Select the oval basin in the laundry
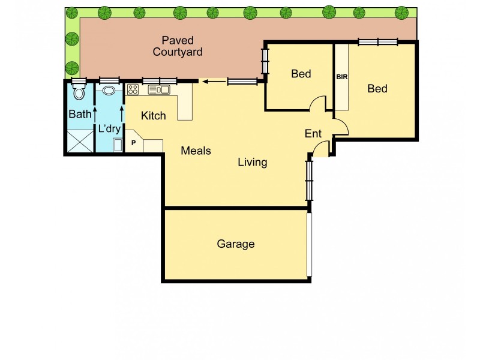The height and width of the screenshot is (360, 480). tap(109, 91)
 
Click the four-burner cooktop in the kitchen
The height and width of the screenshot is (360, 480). tap(133, 90)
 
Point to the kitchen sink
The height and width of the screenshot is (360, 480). tap(159, 90)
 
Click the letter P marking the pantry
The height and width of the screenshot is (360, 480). tap(133, 144)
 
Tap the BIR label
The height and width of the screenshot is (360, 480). tap(342, 77)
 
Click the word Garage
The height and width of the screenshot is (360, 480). tap(236, 244)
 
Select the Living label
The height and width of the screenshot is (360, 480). tap(252, 162)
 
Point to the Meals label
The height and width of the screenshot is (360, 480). tap(196, 151)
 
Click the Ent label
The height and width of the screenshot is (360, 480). tap(313, 134)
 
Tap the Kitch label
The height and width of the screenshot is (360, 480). tap(153, 116)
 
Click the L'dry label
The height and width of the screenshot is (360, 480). tap(109, 129)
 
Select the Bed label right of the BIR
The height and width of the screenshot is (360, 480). tap(377, 89)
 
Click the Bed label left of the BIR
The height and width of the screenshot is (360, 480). tap(301, 74)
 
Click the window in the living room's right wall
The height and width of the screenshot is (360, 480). tap(309, 179)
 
